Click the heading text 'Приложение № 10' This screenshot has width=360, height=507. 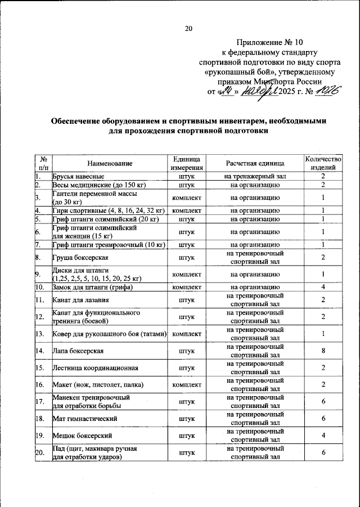pos(269,42)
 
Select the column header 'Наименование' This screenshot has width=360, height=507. pos(110,163)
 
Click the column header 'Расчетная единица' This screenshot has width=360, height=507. pos(255,163)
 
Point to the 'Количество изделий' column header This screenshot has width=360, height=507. pos(323,163)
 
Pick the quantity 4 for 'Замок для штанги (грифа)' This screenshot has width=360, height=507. pos(323,287)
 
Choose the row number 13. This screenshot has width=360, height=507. pos(39,334)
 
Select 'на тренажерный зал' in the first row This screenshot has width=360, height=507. pos(255,177)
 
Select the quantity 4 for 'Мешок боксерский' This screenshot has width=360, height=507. pos(323,435)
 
